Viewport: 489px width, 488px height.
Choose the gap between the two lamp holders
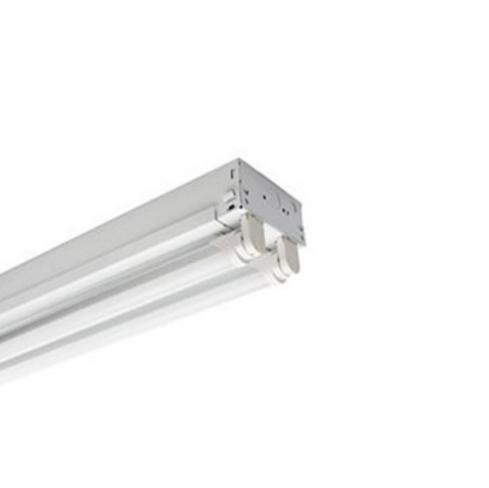(x=269, y=249)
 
